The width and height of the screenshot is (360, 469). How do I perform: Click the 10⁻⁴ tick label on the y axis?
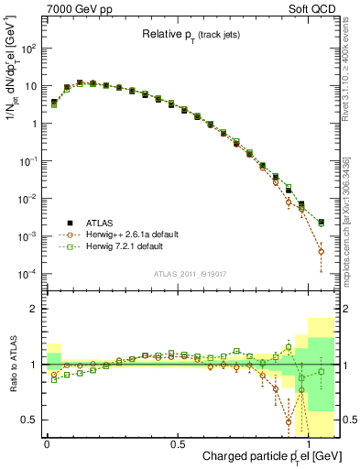pyautogui.click(x=27, y=274)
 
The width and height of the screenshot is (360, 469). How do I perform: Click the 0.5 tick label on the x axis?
pyautogui.click(x=178, y=443)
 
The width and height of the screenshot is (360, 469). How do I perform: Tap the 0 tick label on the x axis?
pyautogui.click(x=47, y=443)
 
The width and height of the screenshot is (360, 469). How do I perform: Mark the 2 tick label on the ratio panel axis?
pyautogui.click(x=34, y=309)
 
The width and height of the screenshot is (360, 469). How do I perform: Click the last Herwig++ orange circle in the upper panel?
pyautogui.click(x=321, y=251)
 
